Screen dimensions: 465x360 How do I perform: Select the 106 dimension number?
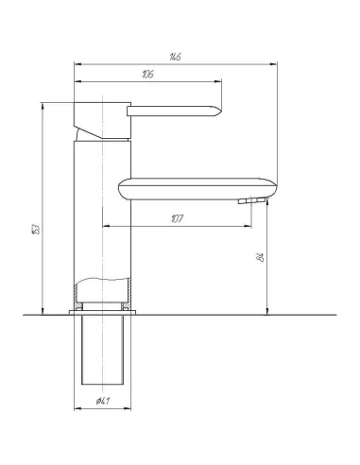click(148, 77)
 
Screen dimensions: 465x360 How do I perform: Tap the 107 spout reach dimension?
click(177, 219)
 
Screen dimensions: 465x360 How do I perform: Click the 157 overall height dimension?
click(35, 228)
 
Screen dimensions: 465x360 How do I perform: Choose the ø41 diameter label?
click(102, 403)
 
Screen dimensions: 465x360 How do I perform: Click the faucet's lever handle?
click(176, 112)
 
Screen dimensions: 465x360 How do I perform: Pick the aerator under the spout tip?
click(249, 201)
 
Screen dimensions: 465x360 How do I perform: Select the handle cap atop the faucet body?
click(100, 117)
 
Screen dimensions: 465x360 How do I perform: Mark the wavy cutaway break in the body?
click(103, 281)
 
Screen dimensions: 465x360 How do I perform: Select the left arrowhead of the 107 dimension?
click(104, 226)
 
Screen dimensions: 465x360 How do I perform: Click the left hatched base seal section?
click(76, 307)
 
